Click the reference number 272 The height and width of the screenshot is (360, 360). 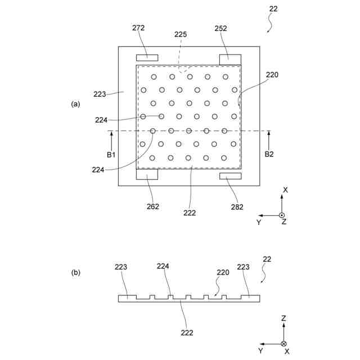click(138, 27)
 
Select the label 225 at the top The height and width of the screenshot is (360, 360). click(180, 34)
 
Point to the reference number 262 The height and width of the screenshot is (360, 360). click(153, 206)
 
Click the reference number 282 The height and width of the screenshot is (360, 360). click(237, 207)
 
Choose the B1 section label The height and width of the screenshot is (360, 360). click(111, 154)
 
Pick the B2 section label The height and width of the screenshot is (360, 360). click(269, 154)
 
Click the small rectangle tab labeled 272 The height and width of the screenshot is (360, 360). click(147, 57)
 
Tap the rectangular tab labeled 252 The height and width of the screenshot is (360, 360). click(229, 58)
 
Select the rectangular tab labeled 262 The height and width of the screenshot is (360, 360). click(147, 175)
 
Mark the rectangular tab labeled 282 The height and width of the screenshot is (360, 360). click(229, 176)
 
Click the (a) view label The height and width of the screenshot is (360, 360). click(75, 104)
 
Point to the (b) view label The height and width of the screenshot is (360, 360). click(75, 273)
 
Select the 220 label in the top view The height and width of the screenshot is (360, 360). click(272, 75)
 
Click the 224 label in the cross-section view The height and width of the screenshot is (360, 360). click(163, 266)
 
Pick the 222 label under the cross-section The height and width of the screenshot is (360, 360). click(187, 332)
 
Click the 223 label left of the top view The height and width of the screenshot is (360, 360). click(100, 94)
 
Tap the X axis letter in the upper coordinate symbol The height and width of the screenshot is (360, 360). click(285, 190)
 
